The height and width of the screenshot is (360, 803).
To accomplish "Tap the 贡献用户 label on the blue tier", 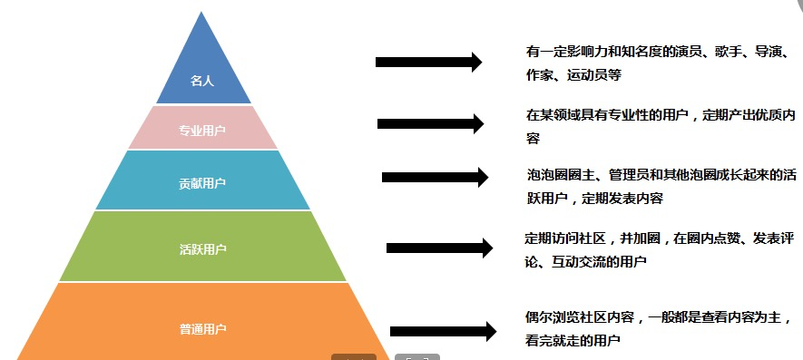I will (202, 183).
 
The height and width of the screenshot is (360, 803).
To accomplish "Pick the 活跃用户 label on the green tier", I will (202, 249).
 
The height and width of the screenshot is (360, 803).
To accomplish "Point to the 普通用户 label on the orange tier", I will (202, 329).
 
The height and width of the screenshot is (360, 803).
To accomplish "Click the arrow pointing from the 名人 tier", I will (428, 62).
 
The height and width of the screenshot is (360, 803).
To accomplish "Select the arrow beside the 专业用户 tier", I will (431, 123).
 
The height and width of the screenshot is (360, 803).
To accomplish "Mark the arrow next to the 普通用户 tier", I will (443, 332).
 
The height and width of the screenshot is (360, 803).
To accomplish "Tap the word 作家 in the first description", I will (539, 76).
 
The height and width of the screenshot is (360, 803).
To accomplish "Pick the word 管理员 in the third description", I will (623, 174).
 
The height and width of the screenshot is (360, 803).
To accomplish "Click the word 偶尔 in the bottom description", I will (539, 317).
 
